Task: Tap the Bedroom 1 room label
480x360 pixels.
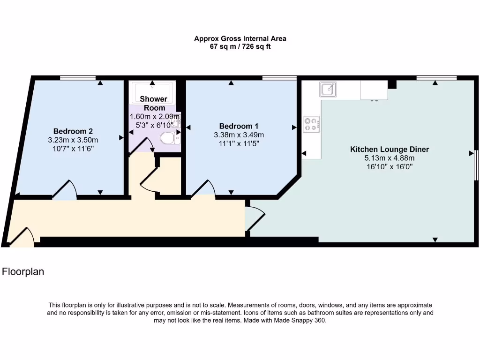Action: (239, 126)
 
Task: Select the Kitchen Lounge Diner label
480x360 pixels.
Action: (390, 150)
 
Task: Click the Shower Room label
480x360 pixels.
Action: (154, 103)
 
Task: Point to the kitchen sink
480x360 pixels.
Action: (328, 88)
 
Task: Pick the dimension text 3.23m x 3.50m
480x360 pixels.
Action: (73, 140)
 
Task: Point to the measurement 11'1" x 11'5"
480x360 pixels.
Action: (239, 144)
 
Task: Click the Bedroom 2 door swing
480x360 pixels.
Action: (65, 190)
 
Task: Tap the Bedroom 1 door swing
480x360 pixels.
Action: (203, 188)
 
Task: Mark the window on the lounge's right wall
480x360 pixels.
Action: (476, 165)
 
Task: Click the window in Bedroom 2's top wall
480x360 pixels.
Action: (78, 77)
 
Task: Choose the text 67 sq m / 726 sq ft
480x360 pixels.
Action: (240, 46)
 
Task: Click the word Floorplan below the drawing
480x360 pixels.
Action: (23, 271)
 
